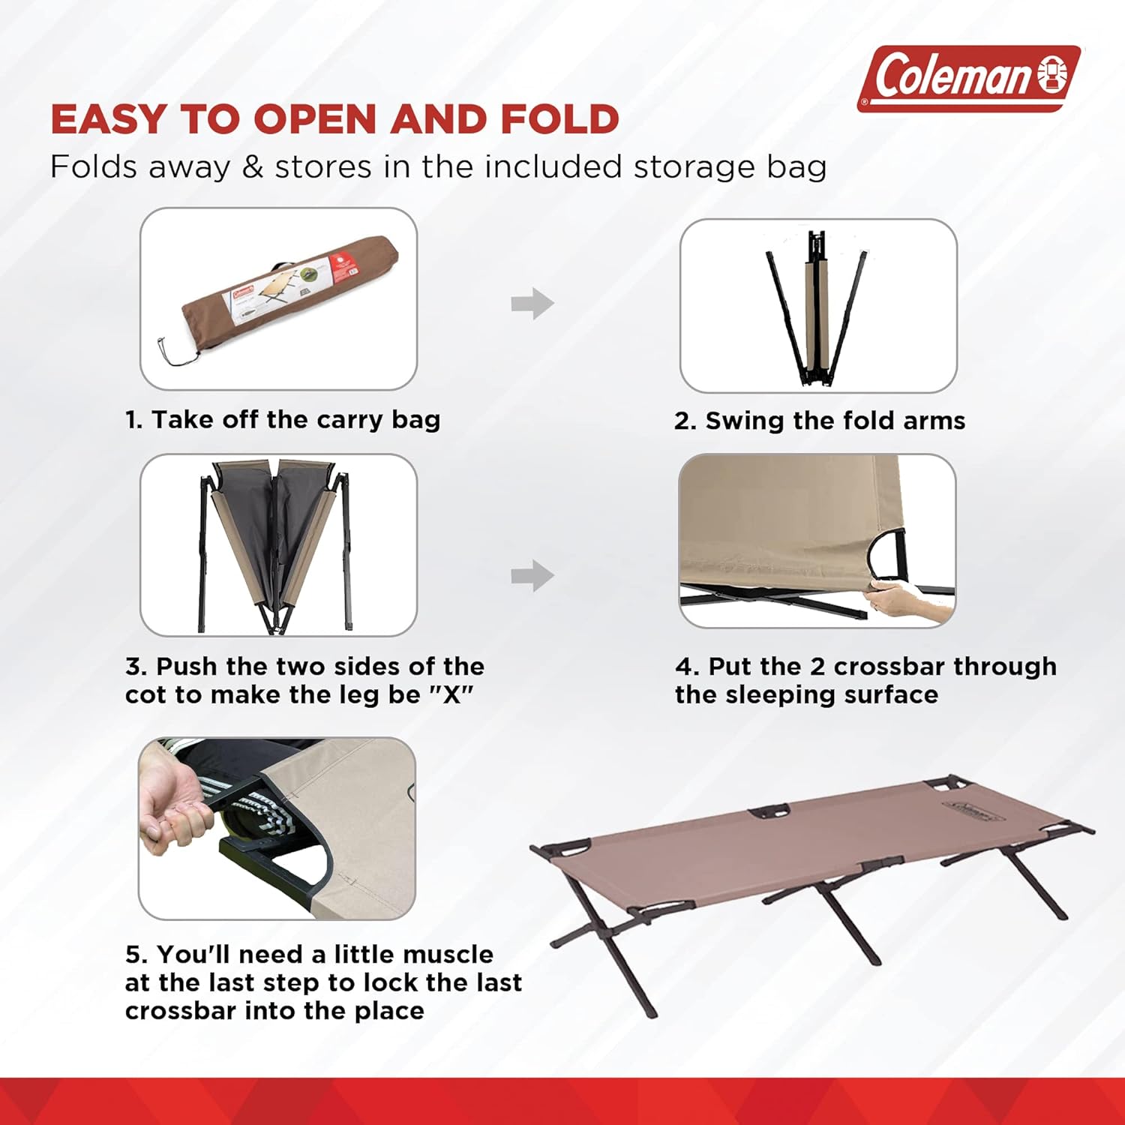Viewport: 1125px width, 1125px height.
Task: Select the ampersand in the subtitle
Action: (253, 167)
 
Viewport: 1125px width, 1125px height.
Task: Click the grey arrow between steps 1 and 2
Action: (532, 304)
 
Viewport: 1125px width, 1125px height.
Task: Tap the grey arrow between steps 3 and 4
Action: (532, 576)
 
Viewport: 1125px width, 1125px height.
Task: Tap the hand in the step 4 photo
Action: (904, 600)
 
